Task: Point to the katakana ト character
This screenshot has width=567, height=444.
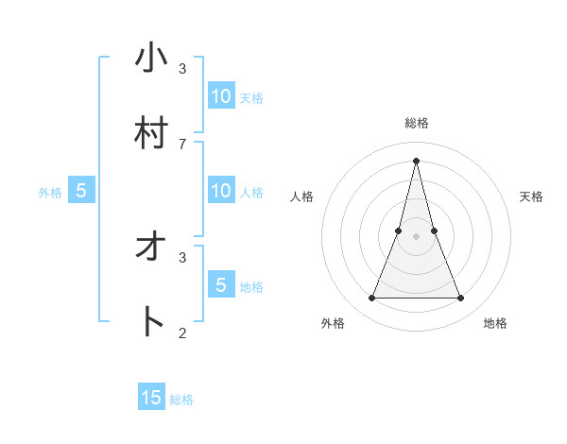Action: click(152, 322)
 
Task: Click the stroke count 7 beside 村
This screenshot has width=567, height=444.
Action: click(182, 144)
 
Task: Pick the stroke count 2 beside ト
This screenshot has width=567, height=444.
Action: click(182, 333)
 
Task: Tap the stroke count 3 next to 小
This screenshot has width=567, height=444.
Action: click(182, 68)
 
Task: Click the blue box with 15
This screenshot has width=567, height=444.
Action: click(151, 398)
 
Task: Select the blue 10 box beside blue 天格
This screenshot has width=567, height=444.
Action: click(221, 95)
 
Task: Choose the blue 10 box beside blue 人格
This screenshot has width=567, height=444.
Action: click(221, 191)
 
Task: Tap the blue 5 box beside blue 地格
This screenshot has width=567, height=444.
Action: click(221, 284)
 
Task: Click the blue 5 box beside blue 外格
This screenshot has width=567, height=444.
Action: click(81, 191)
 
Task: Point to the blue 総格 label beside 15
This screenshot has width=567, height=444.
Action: click(181, 400)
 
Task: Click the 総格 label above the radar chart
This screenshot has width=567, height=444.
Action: click(417, 123)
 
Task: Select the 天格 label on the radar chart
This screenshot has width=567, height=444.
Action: click(531, 196)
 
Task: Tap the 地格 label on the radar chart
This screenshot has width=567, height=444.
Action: click(495, 323)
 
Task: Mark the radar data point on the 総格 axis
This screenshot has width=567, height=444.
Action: click(417, 160)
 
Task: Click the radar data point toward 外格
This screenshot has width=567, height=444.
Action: click(371, 299)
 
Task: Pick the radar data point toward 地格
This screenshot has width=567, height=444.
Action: click(461, 299)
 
